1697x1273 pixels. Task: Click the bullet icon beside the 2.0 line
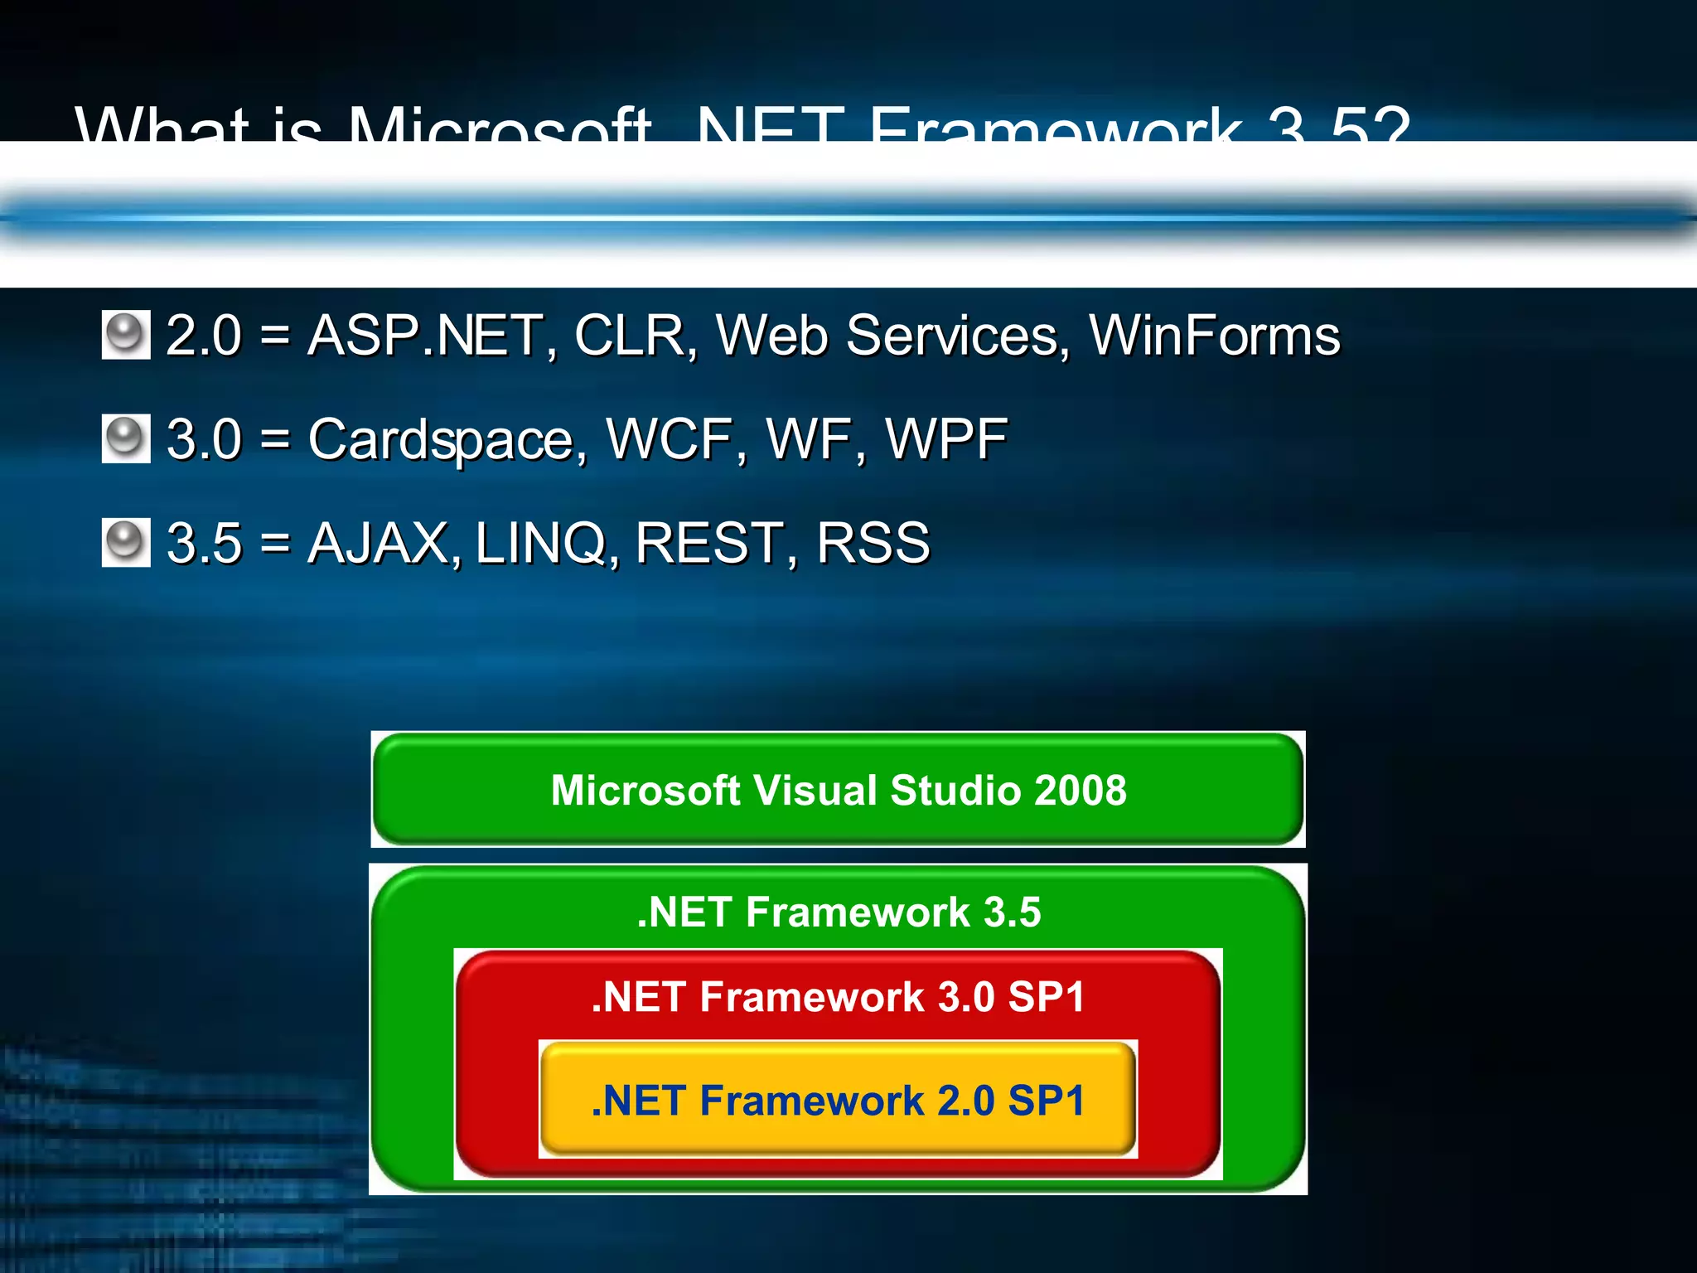pyautogui.click(x=126, y=335)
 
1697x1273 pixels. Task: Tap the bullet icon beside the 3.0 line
pyautogui.click(x=126, y=438)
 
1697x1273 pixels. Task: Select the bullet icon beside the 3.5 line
pyautogui.click(x=126, y=542)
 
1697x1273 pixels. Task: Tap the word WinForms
pyautogui.click(x=1214, y=336)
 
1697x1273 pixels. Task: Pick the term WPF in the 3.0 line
pyautogui.click(x=946, y=439)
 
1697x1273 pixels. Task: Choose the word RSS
pyautogui.click(x=873, y=544)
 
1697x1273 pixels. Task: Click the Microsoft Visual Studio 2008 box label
pyautogui.click(x=838, y=790)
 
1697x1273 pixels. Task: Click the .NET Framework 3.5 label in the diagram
pyautogui.click(x=839, y=912)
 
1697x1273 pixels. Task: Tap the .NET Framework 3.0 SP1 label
pyautogui.click(x=838, y=996)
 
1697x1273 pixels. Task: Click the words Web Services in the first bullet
pyautogui.click(x=892, y=336)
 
